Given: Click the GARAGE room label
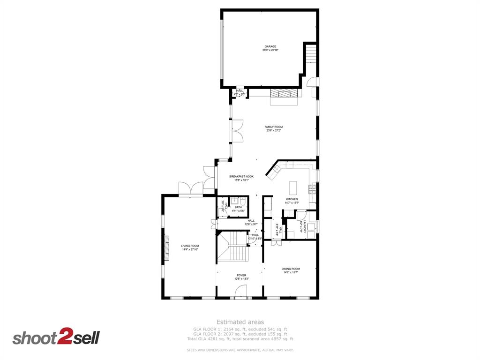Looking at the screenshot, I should (270, 47).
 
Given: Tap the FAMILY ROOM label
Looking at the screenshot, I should (273, 127).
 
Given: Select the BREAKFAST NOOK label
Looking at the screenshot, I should (241, 176).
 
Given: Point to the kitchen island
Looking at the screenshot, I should (294, 188).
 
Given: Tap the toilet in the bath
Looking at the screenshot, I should (242, 201).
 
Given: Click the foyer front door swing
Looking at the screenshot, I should (240, 292).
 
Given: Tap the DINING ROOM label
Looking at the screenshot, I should (291, 269).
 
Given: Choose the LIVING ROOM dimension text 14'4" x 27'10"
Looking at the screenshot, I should (190, 249).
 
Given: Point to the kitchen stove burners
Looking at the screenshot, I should (312, 189).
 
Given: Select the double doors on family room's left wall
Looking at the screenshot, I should (238, 131).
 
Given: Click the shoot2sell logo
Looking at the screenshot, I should (56, 337).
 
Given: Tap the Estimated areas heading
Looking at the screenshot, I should (240, 322).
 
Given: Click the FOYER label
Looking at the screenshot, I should (241, 276).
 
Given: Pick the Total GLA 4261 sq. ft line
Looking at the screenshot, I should (240, 339).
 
